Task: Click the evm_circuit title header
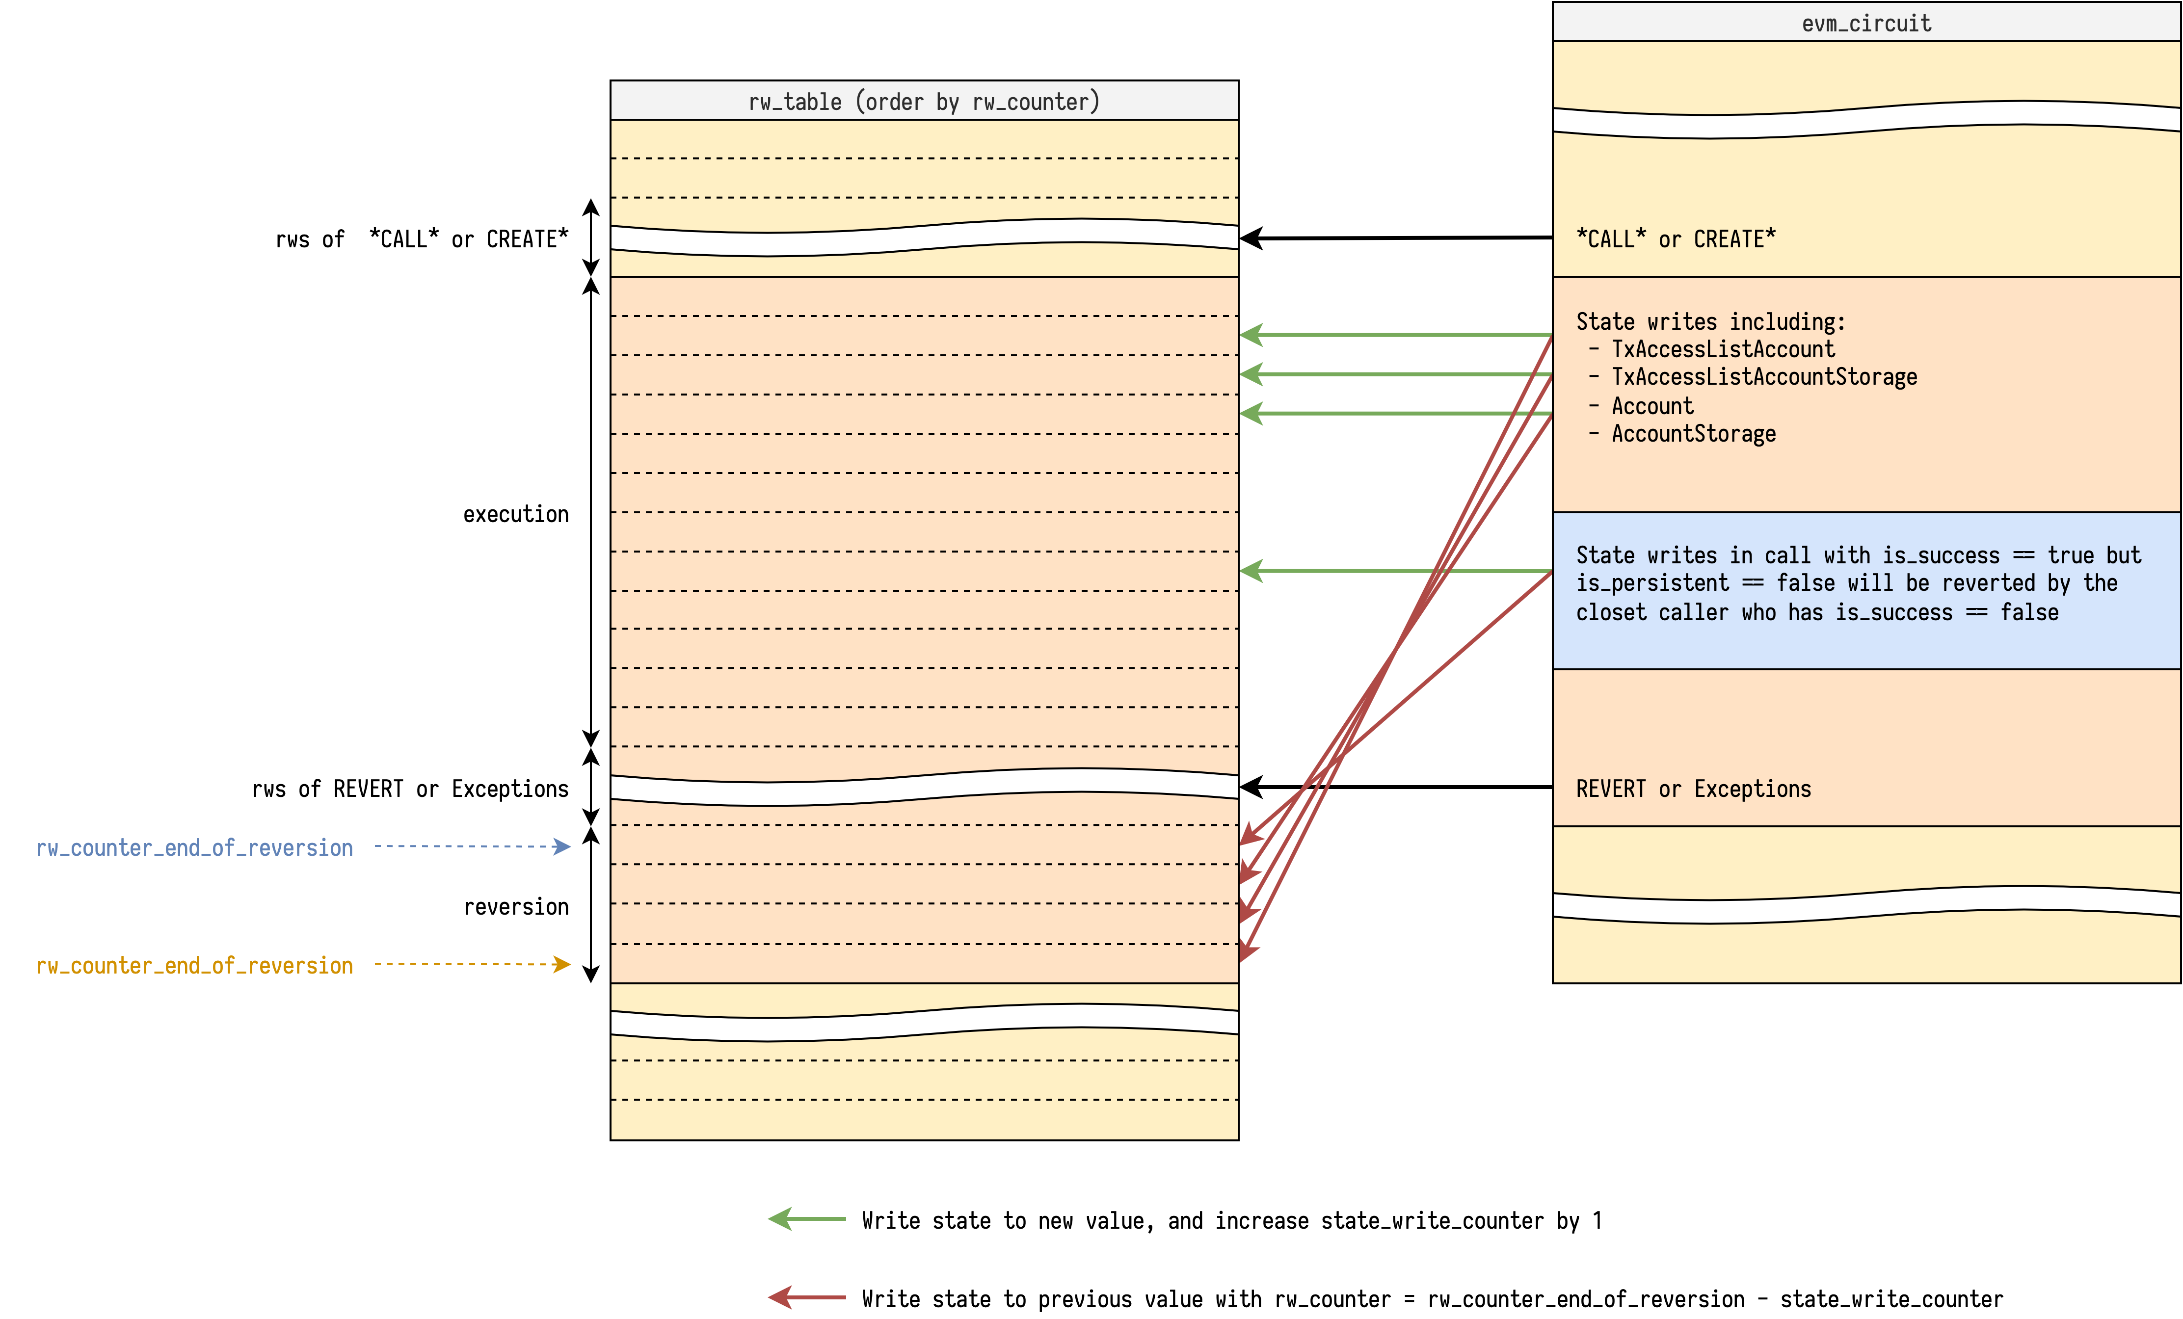1866,23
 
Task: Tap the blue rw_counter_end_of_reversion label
194,848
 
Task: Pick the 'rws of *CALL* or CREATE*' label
422,239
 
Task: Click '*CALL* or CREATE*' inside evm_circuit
1676,239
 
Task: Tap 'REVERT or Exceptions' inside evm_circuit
1693,789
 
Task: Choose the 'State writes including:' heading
1710,321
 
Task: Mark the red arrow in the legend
806,1298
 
